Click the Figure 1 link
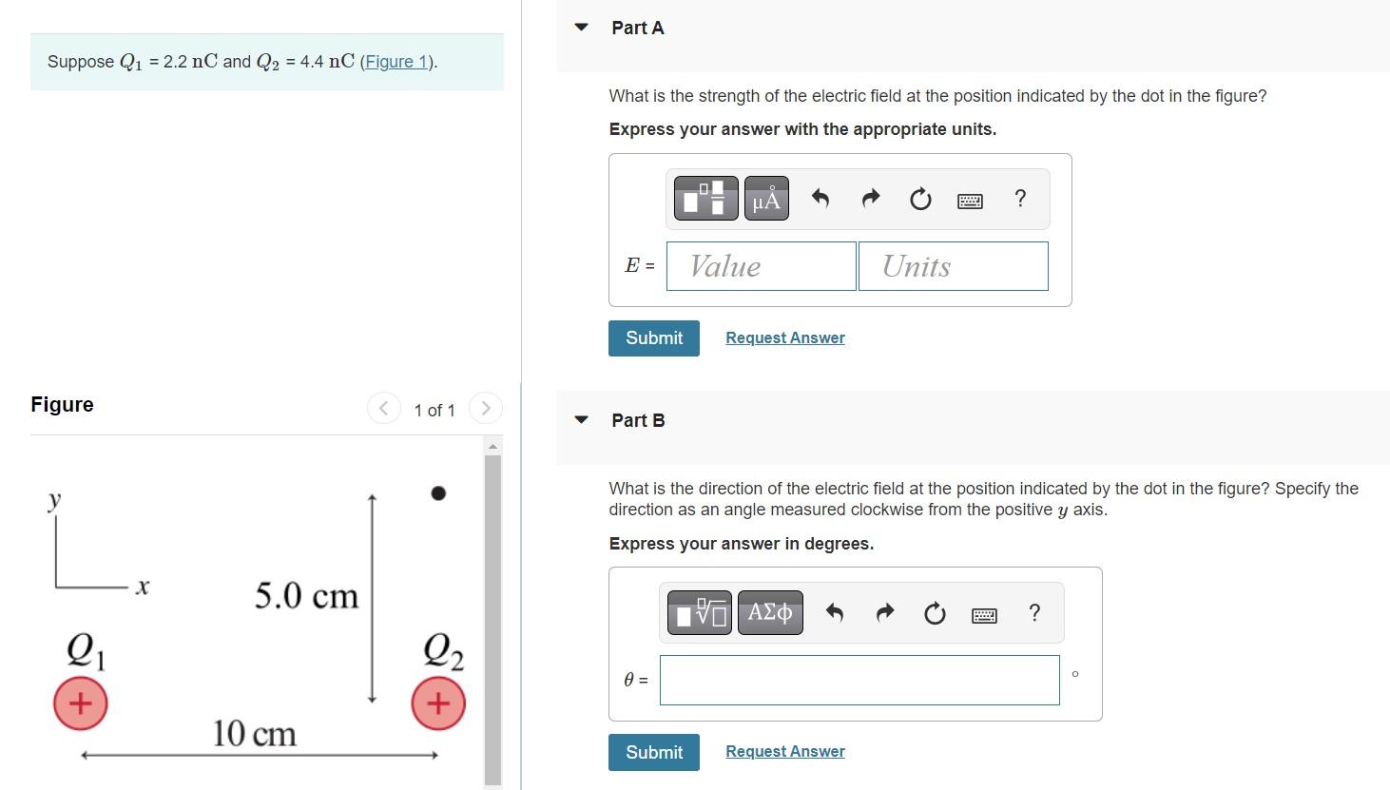coord(397,62)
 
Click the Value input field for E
coord(761,266)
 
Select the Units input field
coord(953,266)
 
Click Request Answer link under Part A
coord(784,337)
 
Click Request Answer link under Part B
coord(784,751)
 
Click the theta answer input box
coord(859,680)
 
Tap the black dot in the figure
coord(438,492)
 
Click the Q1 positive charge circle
coord(80,703)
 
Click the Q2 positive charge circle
coord(438,703)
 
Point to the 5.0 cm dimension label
coord(306,596)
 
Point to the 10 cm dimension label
coord(254,734)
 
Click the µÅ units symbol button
coord(765,199)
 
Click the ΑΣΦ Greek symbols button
coord(769,612)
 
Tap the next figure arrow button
coord(485,409)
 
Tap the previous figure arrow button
coord(383,409)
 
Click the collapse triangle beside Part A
coord(582,28)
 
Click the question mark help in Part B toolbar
coord(1034,612)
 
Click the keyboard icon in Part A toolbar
coord(970,201)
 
